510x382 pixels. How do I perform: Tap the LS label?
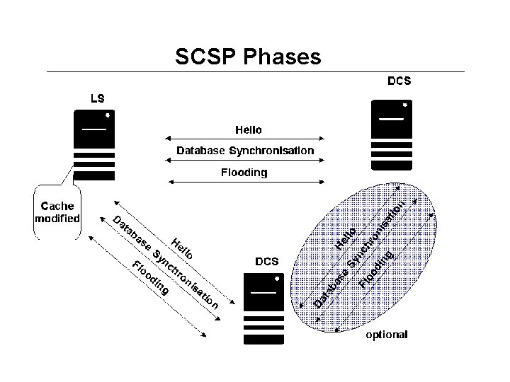[x=96, y=98]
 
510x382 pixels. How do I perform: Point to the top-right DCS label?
[x=399, y=81]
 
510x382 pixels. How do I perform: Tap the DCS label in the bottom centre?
[x=266, y=261]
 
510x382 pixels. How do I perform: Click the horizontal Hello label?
[x=248, y=130]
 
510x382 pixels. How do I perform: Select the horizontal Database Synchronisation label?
[x=245, y=151]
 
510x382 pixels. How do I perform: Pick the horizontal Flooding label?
[x=244, y=172]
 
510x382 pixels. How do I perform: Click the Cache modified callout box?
[x=57, y=212]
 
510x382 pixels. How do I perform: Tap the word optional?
[x=386, y=335]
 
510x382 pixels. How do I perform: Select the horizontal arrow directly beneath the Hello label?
[x=244, y=140]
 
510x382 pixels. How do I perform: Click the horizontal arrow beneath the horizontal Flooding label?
[x=244, y=183]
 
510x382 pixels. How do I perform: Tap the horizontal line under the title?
[x=255, y=71]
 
